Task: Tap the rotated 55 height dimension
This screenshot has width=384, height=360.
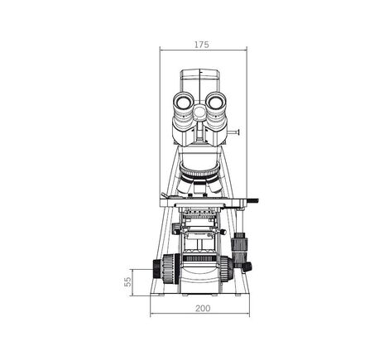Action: [x=128, y=282]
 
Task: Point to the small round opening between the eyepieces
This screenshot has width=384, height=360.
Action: [x=201, y=113]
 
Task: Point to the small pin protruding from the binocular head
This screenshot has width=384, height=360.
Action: [x=238, y=131]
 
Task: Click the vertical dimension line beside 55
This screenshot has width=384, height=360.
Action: [x=136, y=282]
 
